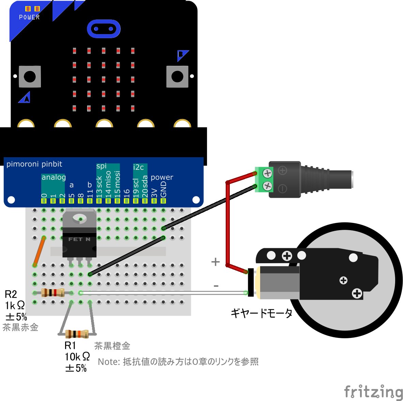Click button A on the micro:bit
[30, 76]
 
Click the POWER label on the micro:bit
[29, 17]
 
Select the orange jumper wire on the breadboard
[39, 251]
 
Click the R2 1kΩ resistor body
[53, 293]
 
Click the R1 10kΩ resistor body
[77, 334]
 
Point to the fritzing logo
[373, 391]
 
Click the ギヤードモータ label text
[262, 313]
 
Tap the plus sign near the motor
[215, 262]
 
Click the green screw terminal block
[264, 179]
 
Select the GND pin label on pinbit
[164, 190]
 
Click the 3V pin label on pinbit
[154, 193]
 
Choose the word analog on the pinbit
[54, 177]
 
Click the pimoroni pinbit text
[34, 164]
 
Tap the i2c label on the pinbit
[138, 167]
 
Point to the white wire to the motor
[164, 293]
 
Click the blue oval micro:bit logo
[104, 29]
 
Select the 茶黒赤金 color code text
[20, 328]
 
